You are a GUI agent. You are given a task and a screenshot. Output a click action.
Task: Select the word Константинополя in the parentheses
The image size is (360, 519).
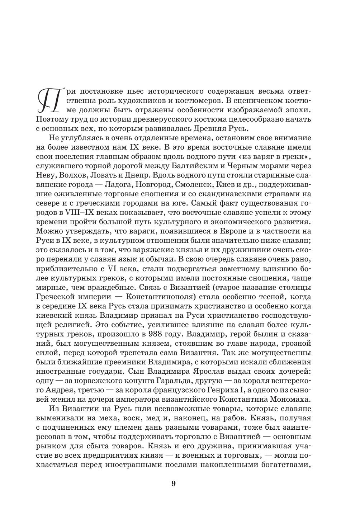coord(162,297)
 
